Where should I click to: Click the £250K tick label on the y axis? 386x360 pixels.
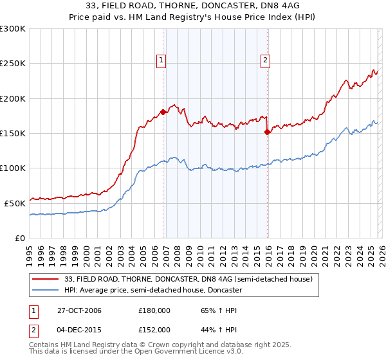[x=12, y=64]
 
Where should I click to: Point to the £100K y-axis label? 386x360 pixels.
[x=12, y=168]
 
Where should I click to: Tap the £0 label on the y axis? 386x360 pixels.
[x=19, y=238]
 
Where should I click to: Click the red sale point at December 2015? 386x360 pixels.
[x=267, y=132]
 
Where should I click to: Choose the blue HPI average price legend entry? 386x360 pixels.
[x=152, y=291]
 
